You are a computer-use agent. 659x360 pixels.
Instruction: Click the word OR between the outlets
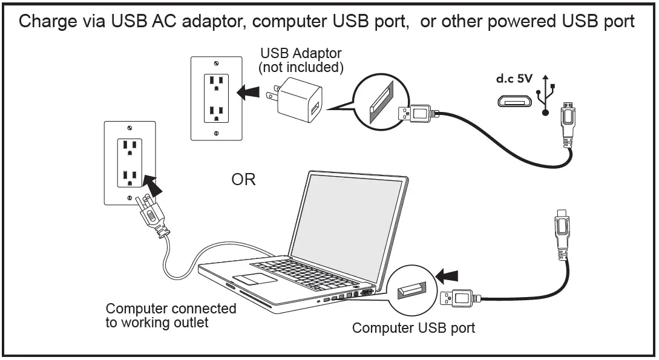tap(244, 180)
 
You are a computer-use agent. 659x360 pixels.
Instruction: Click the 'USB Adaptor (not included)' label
tap(301, 60)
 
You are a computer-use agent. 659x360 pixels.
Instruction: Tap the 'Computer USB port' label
tap(413, 329)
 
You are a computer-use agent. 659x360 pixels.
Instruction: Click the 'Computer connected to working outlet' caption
tap(171, 315)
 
